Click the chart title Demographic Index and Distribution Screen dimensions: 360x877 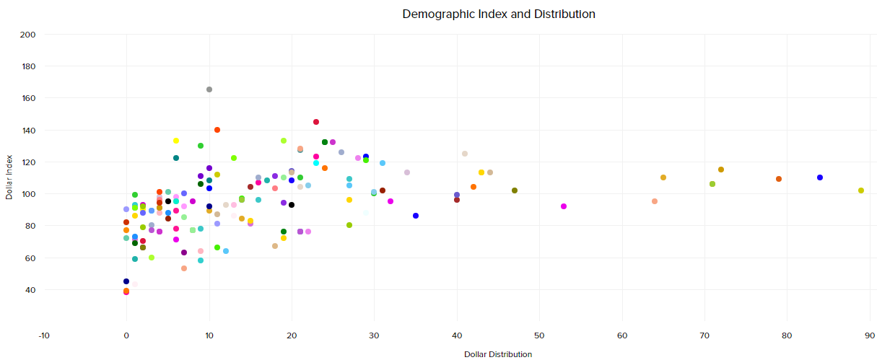point(498,14)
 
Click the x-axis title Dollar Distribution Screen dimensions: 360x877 point(498,354)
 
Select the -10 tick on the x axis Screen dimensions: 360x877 point(44,335)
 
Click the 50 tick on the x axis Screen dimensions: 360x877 point(539,335)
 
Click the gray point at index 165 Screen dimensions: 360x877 point(209,89)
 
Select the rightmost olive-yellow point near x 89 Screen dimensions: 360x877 point(861,190)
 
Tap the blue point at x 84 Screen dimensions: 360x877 point(820,177)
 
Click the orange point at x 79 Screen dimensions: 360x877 point(779,179)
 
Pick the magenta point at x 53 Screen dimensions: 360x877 point(564,206)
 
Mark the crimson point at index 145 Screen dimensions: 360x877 point(316,122)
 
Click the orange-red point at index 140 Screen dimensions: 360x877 point(217,130)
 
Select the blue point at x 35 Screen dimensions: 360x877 point(416,216)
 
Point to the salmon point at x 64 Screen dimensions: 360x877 point(655,201)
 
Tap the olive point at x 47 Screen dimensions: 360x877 point(515,190)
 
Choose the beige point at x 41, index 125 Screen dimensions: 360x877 point(465,154)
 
